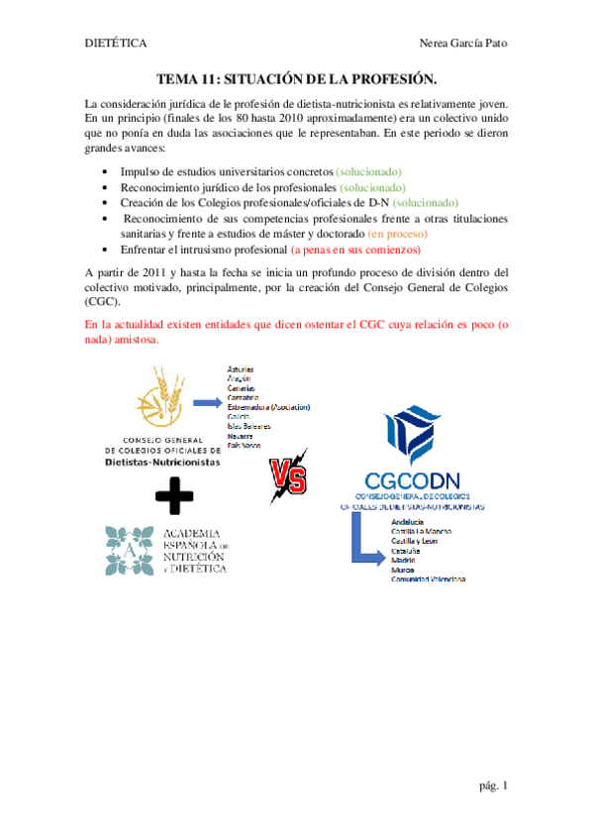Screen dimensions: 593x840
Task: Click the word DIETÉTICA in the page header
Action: point(115,44)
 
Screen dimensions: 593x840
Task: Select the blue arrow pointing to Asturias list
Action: point(205,402)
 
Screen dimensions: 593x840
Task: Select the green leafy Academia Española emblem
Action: point(128,551)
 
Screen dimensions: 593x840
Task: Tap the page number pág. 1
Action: point(494,787)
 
